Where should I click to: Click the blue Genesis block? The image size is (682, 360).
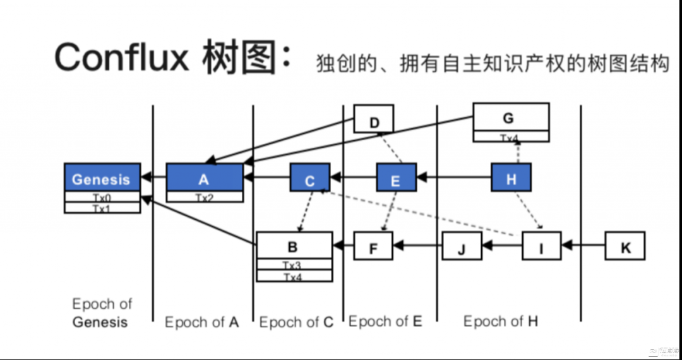point(102,179)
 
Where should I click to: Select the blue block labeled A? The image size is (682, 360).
point(205,178)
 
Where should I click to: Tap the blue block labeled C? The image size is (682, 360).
point(310,179)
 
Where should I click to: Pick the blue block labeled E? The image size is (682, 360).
point(396,179)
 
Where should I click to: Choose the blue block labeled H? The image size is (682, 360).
point(511,179)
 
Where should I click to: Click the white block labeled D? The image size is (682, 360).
point(374,119)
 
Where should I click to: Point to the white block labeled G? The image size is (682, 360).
point(511,118)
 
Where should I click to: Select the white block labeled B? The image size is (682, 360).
point(294,246)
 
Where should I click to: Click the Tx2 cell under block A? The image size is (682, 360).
point(205,198)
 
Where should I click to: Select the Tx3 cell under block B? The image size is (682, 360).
point(294,265)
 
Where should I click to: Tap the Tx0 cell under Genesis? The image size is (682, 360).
point(102,198)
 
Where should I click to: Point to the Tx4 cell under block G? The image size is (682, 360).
point(511,137)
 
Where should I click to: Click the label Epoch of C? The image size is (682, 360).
point(296,322)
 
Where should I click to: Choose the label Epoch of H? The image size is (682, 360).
point(501,321)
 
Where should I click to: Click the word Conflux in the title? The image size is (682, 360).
point(122,58)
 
